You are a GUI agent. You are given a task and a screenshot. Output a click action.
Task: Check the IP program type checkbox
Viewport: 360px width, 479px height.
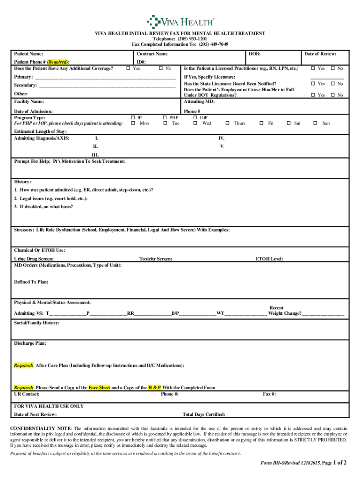pyautogui.click(x=133, y=118)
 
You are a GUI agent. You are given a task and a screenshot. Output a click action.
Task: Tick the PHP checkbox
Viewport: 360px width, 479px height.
pyautogui.click(x=165, y=118)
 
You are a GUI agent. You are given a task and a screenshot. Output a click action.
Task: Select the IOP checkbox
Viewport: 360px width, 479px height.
pyautogui.click(x=195, y=118)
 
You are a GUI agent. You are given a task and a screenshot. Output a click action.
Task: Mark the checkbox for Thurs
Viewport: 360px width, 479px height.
pyautogui.click(x=227, y=123)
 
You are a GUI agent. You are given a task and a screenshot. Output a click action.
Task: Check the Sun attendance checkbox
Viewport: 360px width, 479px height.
pyautogui.click(x=315, y=123)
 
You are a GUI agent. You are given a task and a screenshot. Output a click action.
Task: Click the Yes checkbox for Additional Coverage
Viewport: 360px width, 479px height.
pyautogui.click(x=128, y=69)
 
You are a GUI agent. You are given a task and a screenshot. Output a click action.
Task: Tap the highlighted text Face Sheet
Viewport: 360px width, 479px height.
pyautogui.click(x=100, y=388)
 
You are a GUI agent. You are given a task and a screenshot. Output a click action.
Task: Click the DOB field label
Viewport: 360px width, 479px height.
pyautogui.click(x=255, y=54)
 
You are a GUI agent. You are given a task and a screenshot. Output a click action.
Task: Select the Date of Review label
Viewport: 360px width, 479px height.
pyautogui.click(x=320, y=54)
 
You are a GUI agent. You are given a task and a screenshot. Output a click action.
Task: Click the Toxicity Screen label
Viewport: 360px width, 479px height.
pyautogui.click(x=156, y=259)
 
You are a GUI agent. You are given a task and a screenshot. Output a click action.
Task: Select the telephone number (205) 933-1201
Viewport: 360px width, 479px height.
pyautogui.click(x=194, y=39)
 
